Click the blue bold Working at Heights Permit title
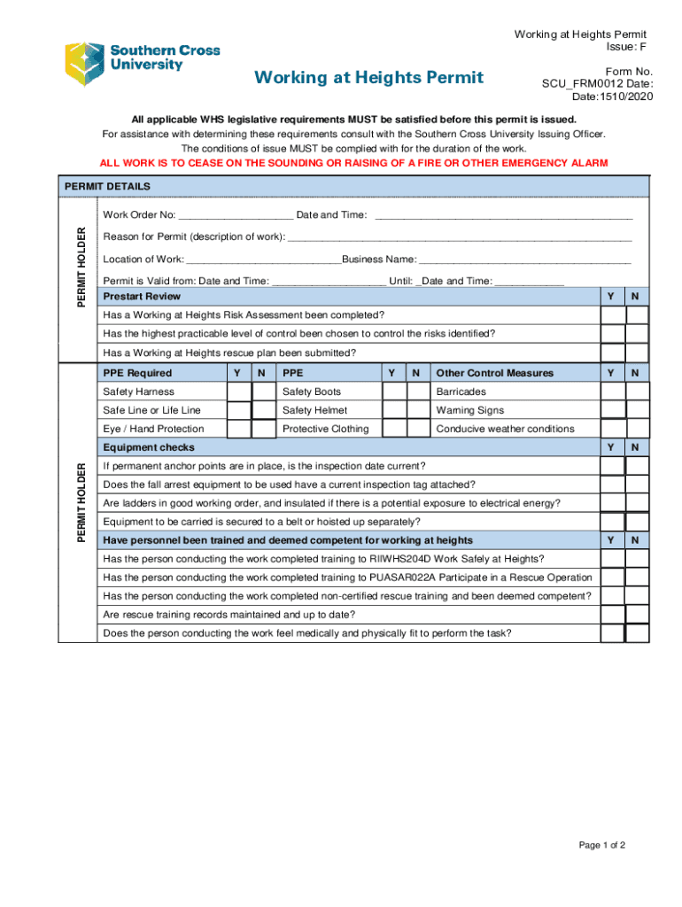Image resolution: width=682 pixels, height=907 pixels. pos(368,78)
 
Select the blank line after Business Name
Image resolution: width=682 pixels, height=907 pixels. pos(524,259)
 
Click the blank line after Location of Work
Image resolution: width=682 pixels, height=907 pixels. pos(263,259)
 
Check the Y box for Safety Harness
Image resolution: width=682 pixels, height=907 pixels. pos(237,391)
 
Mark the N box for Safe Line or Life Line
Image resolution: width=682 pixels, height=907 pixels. pos(263,410)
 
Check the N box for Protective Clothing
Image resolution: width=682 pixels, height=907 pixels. pos(418,429)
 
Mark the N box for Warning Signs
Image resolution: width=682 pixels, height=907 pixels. pos(637,410)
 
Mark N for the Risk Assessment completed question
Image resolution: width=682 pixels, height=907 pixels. pos(637,315)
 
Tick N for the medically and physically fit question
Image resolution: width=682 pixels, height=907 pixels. pos(637,633)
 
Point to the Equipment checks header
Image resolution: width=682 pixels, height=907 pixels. pos(149,447)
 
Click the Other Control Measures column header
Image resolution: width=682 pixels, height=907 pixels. pos(494,373)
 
